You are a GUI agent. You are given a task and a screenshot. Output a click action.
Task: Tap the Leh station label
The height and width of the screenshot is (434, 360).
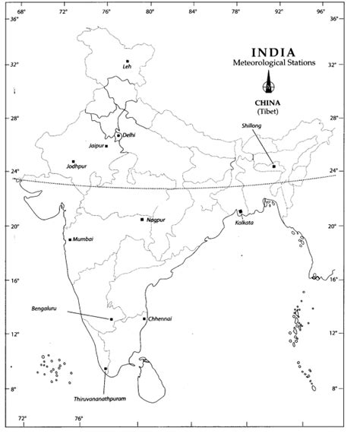[128, 68]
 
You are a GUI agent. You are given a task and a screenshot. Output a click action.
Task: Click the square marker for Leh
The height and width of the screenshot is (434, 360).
[128, 61]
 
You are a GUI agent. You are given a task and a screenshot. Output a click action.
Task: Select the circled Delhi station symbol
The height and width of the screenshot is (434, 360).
[118, 136]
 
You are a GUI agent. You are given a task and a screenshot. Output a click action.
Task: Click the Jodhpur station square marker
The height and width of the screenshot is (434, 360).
[74, 162]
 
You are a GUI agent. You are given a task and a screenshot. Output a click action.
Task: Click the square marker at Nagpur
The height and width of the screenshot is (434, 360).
[142, 220]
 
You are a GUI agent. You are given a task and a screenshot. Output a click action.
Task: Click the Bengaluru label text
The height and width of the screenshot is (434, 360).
[48, 310]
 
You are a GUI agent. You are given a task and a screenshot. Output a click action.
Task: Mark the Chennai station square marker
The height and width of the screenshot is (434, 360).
[144, 318]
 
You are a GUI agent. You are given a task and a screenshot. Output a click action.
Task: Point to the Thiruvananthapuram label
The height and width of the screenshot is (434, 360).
[99, 398]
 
